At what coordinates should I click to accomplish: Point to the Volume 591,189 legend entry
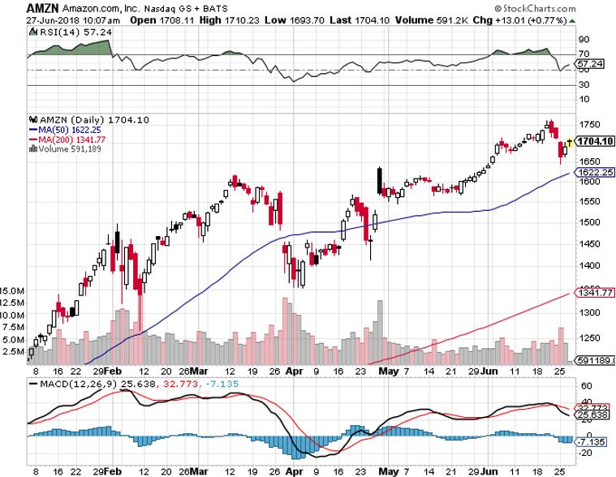[x=62, y=148]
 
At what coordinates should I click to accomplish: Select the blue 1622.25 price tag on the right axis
[x=592, y=172]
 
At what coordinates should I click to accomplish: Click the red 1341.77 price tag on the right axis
[x=592, y=293]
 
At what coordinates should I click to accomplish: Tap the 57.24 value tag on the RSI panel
[x=587, y=62]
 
